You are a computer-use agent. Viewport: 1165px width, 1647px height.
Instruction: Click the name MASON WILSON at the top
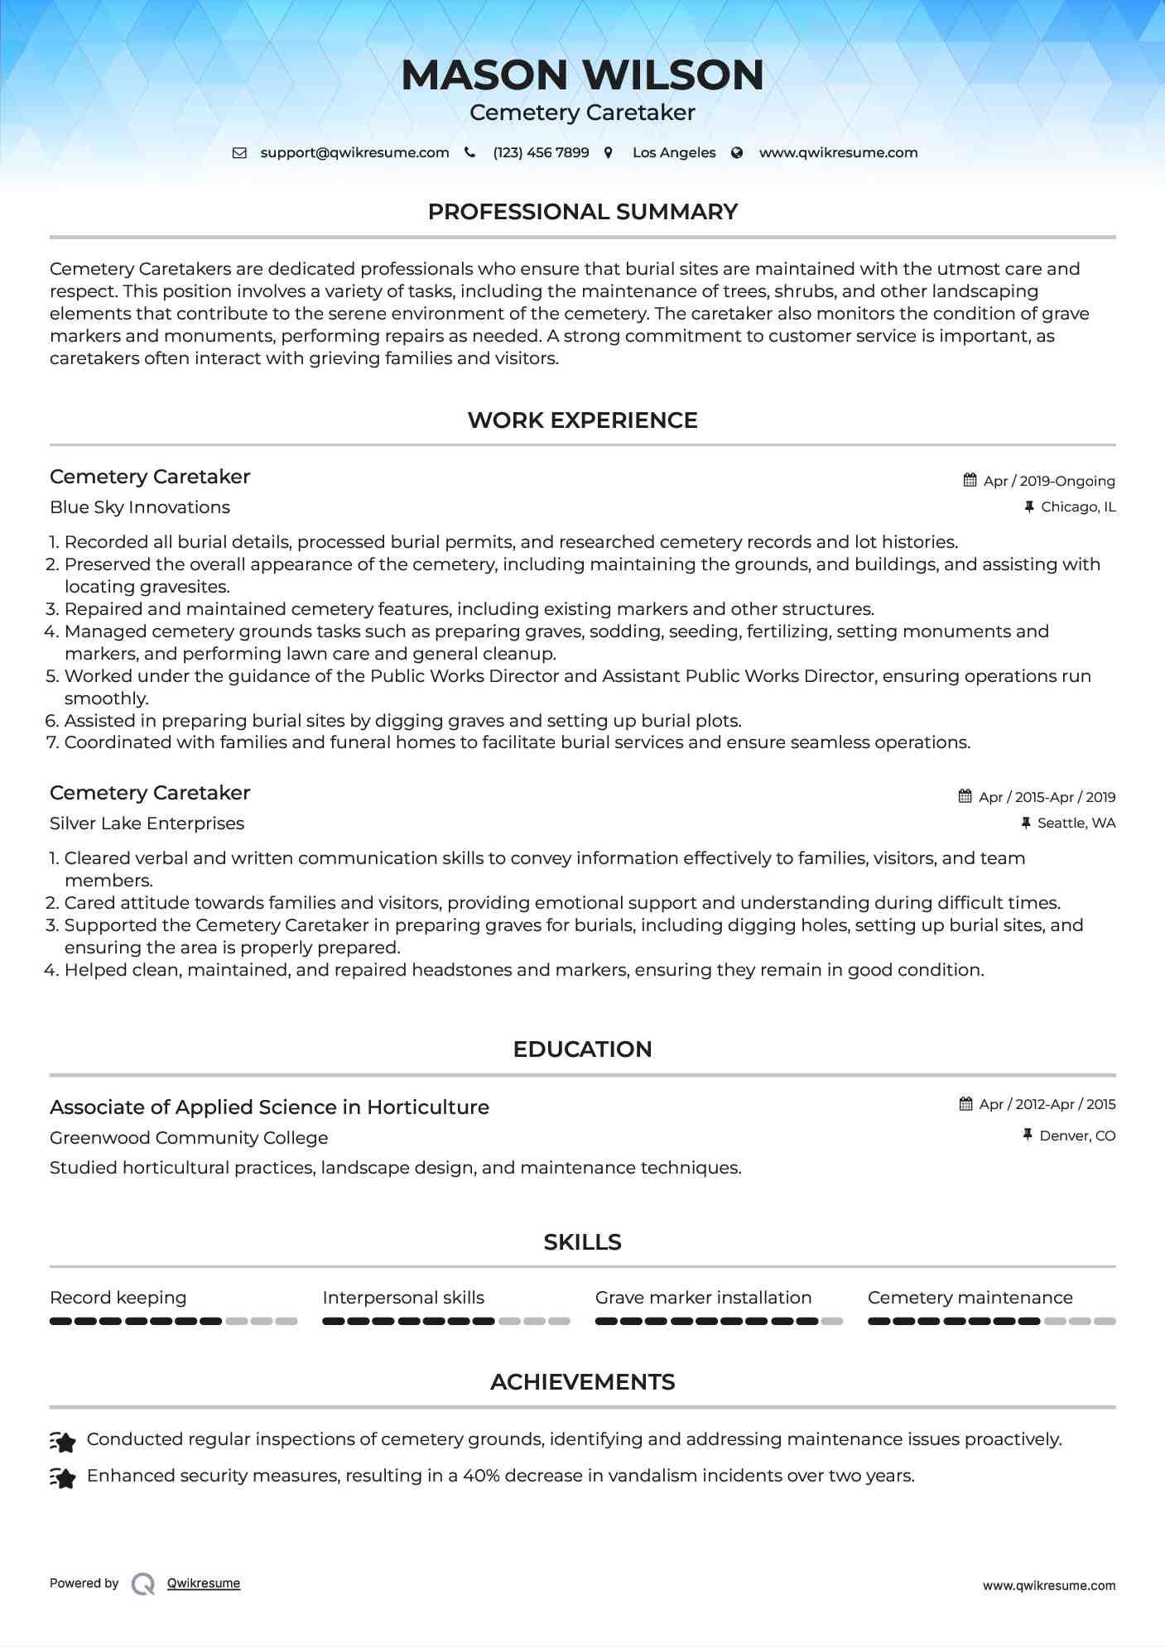click(582, 74)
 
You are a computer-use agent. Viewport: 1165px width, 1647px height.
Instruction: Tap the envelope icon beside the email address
click(239, 153)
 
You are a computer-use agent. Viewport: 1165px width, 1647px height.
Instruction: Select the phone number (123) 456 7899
click(541, 153)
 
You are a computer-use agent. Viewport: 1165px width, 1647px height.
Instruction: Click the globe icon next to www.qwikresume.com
click(737, 153)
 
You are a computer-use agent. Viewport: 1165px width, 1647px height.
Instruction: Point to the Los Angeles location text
click(674, 153)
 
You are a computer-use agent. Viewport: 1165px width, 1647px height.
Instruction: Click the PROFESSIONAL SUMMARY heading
click(582, 212)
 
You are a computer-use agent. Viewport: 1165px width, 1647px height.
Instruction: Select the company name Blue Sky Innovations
click(140, 507)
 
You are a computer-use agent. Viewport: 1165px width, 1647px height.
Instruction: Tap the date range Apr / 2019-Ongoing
click(1049, 481)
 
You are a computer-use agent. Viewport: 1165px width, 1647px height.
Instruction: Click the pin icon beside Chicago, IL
click(1029, 507)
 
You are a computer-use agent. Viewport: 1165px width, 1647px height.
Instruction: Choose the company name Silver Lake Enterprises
click(147, 823)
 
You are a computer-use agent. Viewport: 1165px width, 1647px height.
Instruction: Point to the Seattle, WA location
click(1076, 823)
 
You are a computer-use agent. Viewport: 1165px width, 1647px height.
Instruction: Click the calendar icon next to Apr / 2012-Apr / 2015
click(965, 1104)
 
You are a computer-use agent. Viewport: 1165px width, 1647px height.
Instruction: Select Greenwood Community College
click(189, 1138)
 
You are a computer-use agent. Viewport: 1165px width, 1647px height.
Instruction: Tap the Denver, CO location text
click(1077, 1136)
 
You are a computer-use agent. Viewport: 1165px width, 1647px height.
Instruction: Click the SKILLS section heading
click(582, 1242)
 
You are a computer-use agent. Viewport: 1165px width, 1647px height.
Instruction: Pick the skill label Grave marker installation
click(703, 1298)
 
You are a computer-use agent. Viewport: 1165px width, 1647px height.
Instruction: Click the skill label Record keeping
click(118, 1298)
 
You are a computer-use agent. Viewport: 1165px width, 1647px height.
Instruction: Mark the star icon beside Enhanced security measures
click(63, 1477)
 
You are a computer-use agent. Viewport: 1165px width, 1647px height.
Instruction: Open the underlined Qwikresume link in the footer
click(204, 1583)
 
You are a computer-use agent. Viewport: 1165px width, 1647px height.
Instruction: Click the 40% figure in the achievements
click(481, 1476)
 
